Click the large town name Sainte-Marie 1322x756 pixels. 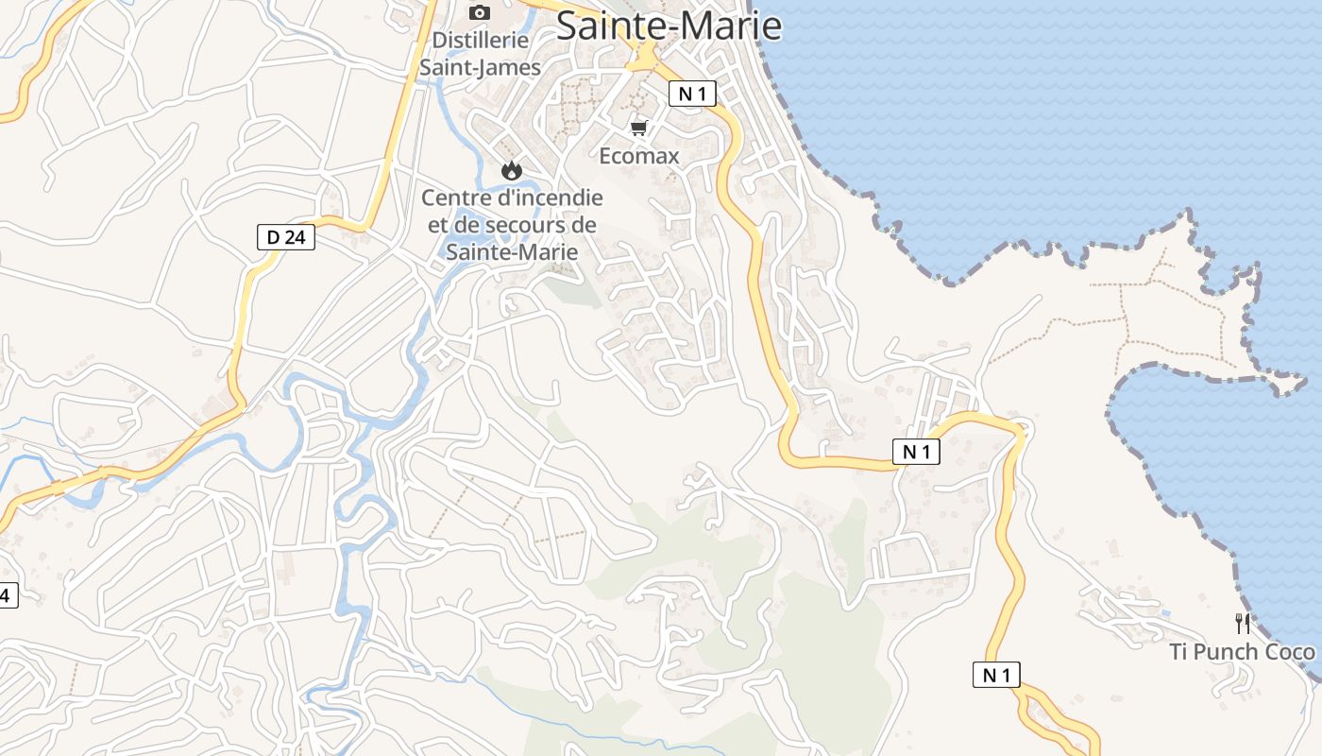coord(669,26)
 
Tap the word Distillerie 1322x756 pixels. coord(480,41)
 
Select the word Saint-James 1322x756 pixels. coord(480,67)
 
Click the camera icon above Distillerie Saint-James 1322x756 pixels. coord(480,12)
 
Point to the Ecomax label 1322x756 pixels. coord(639,156)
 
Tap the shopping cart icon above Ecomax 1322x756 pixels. coord(639,128)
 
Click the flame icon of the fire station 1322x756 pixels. coord(511,171)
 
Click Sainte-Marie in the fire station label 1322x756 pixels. coord(511,251)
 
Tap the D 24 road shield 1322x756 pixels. coord(286,237)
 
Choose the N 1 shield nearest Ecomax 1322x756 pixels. coord(693,94)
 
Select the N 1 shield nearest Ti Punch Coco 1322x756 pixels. coord(996,675)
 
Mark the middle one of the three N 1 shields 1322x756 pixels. coord(916,452)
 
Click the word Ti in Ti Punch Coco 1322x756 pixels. coord(1180,652)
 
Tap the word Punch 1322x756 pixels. coord(1229,652)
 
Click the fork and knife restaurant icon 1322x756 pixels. coord(1243,624)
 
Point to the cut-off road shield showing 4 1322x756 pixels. coord(8,595)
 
